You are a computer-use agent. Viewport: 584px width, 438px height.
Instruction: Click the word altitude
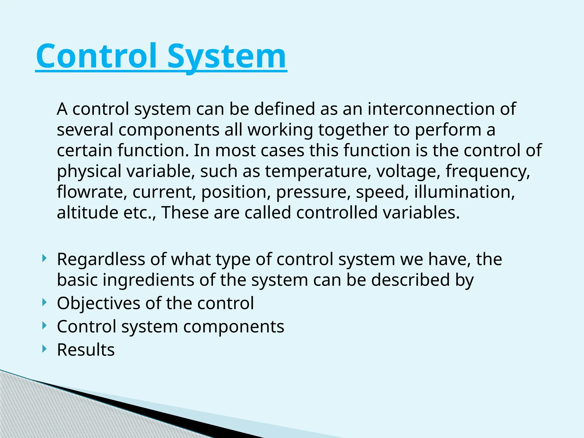coord(87,213)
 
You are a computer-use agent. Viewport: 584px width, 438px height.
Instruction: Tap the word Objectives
coord(99,303)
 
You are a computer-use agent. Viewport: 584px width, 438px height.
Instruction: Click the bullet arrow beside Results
coord(44,349)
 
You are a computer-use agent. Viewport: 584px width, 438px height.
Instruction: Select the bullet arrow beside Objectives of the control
coord(44,302)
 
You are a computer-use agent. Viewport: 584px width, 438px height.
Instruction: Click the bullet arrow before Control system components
coord(44,325)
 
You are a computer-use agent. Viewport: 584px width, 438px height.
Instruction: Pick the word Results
coord(86,350)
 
